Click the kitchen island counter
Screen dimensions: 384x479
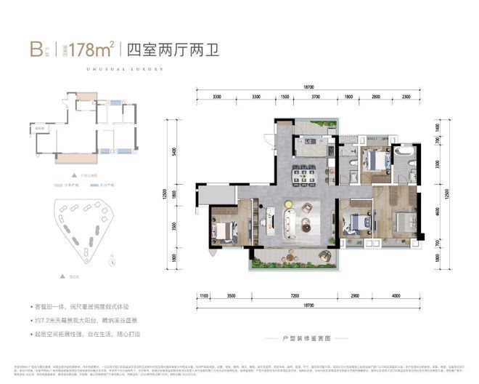tap(310, 143)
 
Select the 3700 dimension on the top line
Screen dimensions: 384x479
tap(315, 96)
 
